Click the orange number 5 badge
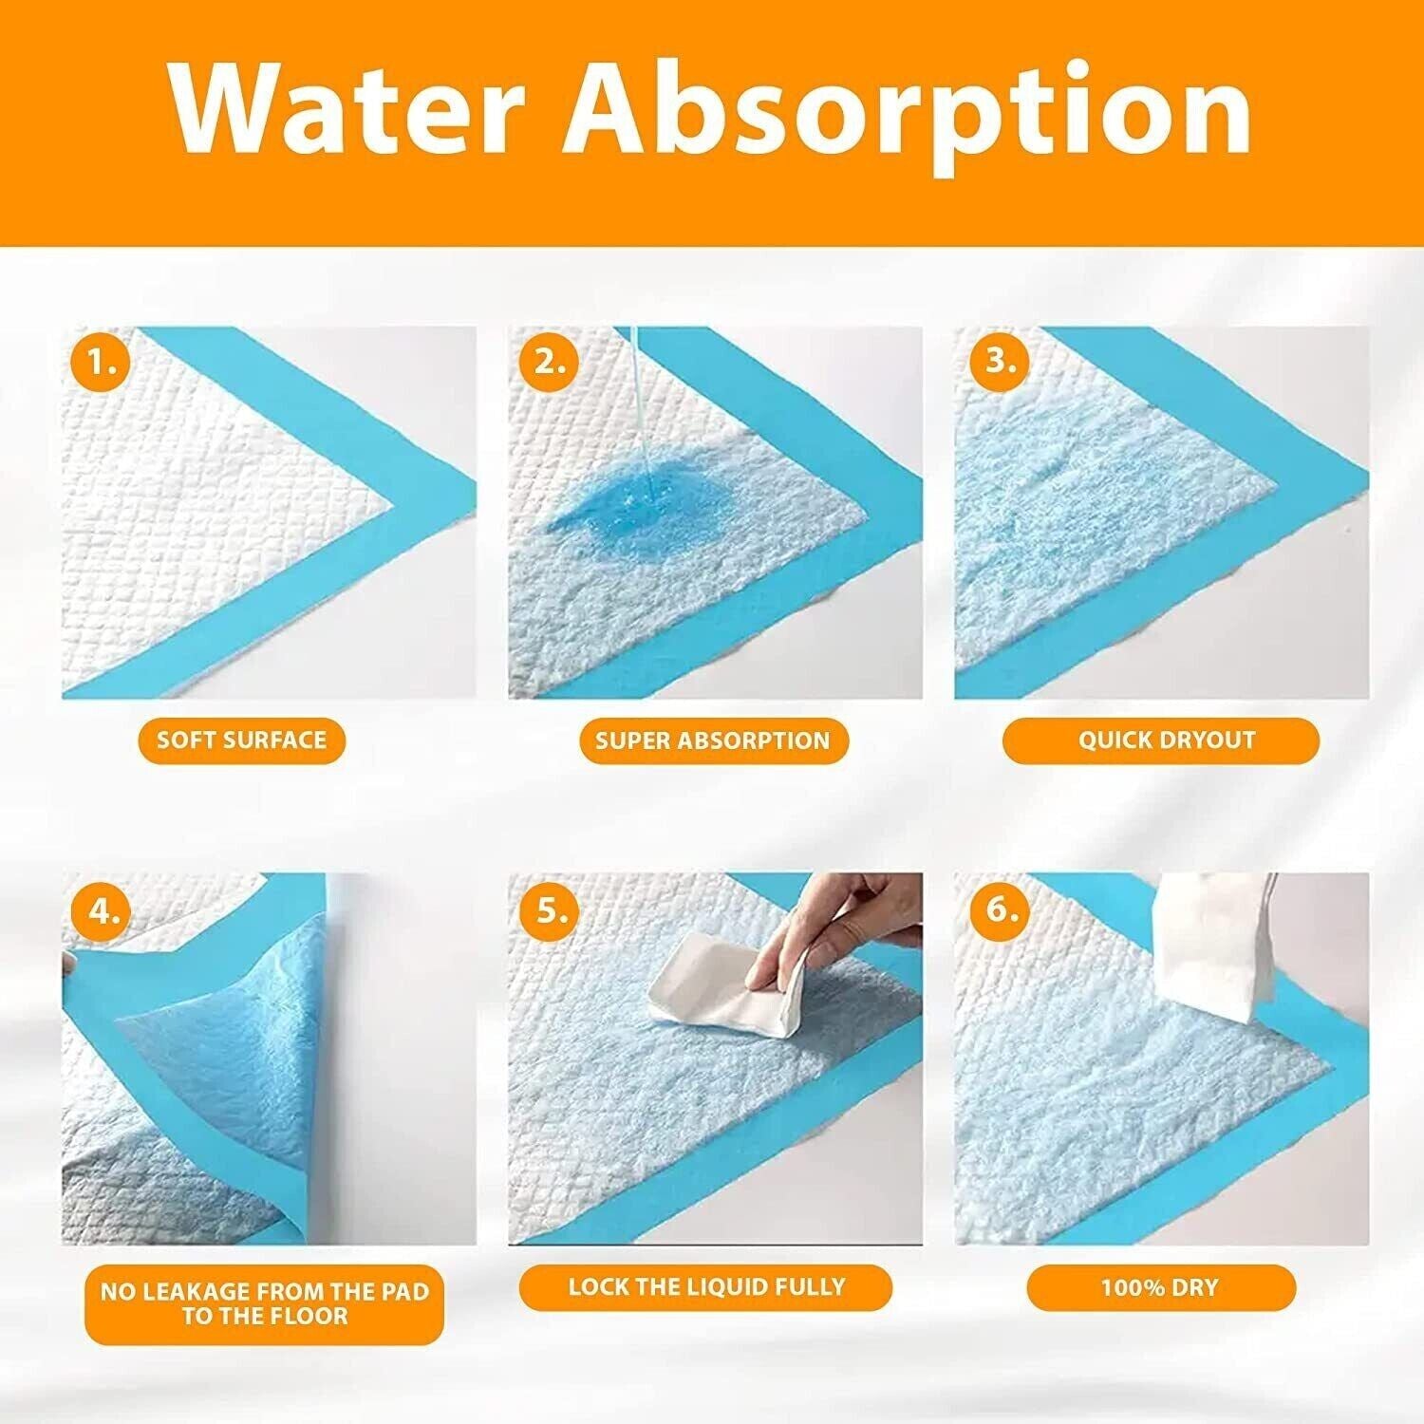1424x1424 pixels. click(549, 910)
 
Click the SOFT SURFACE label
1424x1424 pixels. click(242, 740)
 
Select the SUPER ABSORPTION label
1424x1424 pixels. click(714, 740)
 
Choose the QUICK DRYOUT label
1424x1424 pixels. click(1161, 740)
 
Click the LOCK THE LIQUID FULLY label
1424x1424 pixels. click(706, 1287)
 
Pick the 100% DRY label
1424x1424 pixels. click(1160, 1288)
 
